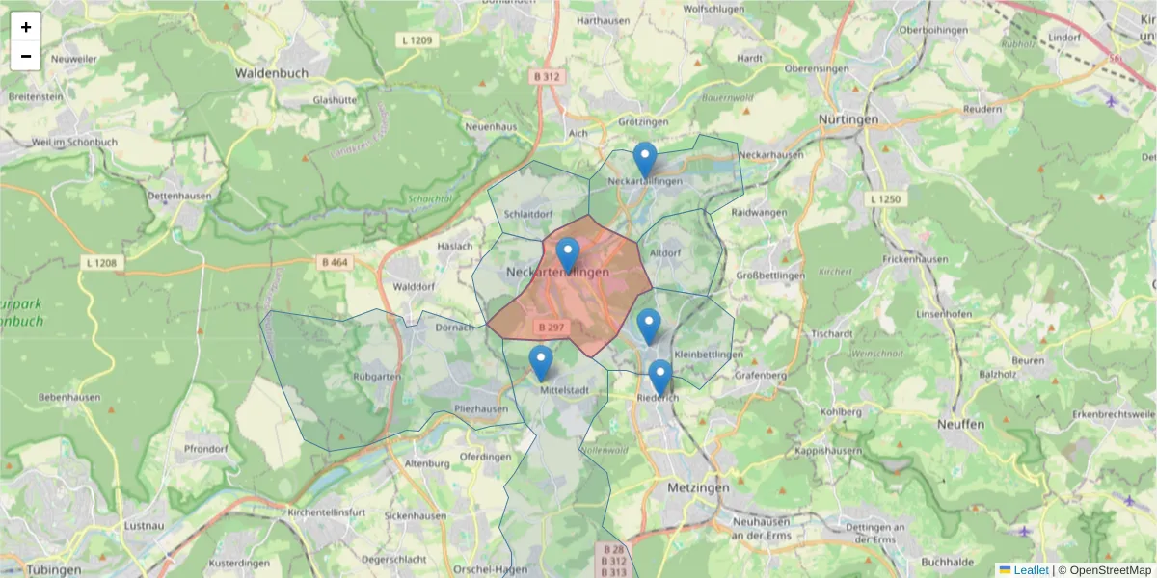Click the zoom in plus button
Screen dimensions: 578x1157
coord(26,27)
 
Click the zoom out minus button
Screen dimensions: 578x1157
coord(26,56)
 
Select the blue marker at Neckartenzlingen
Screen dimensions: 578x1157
coord(568,255)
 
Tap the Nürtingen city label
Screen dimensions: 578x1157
coord(848,119)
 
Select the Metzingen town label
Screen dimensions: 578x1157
coord(698,488)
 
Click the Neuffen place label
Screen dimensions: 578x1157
coord(960,424)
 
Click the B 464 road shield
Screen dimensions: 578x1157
coord(335,262)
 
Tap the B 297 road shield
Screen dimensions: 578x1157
coord(552,328)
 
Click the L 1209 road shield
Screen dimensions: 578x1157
coord(416,40)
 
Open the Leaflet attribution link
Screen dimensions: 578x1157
coord(1031,570)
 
